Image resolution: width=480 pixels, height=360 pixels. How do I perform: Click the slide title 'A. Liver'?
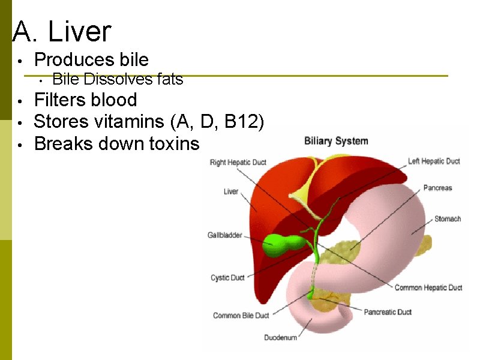(x=62, y=31)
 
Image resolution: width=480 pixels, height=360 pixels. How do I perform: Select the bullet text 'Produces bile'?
(x=91, y=59)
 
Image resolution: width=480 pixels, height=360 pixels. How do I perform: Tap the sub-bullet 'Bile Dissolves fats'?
(x=118, y=79)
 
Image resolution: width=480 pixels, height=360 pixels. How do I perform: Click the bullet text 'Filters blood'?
(x=85, y=100)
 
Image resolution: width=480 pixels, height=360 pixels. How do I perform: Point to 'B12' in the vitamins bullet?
(x=243, y=122)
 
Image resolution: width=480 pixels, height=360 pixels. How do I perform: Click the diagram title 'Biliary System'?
(x=336, y=142)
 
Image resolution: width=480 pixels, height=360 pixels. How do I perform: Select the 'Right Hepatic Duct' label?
(x=238, y=163)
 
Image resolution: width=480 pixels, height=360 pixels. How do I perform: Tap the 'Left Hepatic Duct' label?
(x=434, y=161)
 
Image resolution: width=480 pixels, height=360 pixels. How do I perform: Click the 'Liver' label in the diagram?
(x=231, y=192)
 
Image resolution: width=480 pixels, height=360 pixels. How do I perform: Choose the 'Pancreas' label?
(x=437, y=188)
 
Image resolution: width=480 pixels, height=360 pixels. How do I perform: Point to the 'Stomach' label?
(x=448, y=219)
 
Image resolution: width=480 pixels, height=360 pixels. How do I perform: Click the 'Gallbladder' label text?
(x=225, y=235)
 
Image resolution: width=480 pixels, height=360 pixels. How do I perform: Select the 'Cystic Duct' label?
(x=227, y=278)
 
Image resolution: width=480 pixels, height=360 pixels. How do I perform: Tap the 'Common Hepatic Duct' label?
(x=428, y=288)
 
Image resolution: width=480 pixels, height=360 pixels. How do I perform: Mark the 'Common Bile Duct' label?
(x=241, y=316)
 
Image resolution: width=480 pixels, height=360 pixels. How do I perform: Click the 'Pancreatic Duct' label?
(x=388, y=312)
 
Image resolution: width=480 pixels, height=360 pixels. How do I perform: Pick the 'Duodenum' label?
(x=281, y=338)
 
